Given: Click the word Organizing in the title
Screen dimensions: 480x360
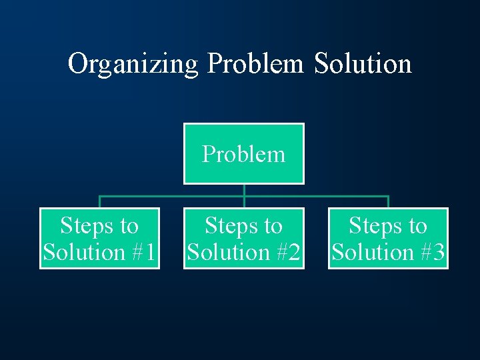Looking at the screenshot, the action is coord(133,64).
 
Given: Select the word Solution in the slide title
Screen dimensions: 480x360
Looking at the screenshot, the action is coord(363,64).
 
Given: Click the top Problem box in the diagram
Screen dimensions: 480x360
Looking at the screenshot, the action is coord(244,153).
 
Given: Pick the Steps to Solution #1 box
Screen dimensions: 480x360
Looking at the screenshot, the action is coord(100,239).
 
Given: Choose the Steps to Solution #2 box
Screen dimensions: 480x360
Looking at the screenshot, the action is coord(244,239).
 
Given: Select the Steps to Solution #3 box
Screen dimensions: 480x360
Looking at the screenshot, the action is coord(388,239).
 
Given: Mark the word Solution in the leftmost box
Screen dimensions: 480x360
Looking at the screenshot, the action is coord(84,253).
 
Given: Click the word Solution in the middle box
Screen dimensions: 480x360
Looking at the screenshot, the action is coord(228,253).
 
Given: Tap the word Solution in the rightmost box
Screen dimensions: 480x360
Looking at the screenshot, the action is coord(372,253).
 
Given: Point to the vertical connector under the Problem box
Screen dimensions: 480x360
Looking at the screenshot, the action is coord(244,190).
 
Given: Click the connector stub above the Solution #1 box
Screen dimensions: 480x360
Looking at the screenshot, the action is coord(100,202).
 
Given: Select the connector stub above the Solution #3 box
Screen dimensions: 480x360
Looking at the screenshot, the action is coord(388,202).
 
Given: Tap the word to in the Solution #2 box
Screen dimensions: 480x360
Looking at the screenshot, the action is coord(272,226).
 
